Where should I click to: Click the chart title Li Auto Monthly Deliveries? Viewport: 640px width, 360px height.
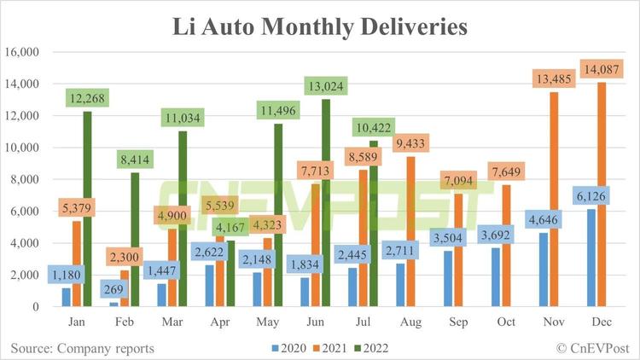pyautogui.click(x=320, y=27)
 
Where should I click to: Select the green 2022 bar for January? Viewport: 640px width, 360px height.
pyautogui.click(x=87, y=208)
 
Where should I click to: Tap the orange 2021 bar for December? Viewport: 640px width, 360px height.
pyautogui.click(x=602, y=195)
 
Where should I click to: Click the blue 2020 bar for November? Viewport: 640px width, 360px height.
pyautogui.click(x=544, y=270)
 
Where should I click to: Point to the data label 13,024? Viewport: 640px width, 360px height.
pyautogui.click(x=326, y=86)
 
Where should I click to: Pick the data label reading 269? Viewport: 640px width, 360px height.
pyautogui.click(x=113, y=289)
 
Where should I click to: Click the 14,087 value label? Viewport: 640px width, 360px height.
pyautogui.click(x=602, y=69)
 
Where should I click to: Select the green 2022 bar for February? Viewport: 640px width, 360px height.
pyautogui.click(x=135, y=240)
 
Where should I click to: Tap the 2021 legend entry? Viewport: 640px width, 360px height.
pyautogui.click(x=330, y=348)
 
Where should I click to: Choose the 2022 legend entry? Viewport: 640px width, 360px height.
pyautogui.click(x=371, y=348)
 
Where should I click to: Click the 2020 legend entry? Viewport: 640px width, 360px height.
pyautogui.click(x=289, y=348)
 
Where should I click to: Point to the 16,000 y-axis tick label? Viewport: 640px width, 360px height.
pyautogui.click(x=21, y=52)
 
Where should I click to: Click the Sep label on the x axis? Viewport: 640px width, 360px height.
pyautogui.click(x=458, y=322)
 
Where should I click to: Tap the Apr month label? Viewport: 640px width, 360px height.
pyautogui.click(x=220, y=322)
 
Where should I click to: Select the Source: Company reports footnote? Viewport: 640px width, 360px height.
pyautogui.click(x=83, y=348)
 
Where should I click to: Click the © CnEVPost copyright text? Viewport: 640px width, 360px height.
pyautogui.click(x=593, y=348)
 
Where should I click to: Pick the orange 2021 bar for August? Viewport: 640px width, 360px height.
pyautogui.click(x=411, y=231)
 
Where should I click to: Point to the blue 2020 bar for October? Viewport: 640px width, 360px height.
pyautogui.click(x=496, y=277)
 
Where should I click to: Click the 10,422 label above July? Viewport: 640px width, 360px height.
pyautogui.click(x=374, y=128)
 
